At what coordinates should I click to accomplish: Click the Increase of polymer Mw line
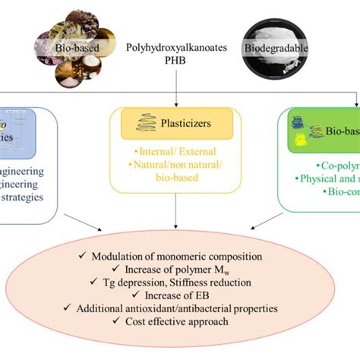click(x=182, y=270)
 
